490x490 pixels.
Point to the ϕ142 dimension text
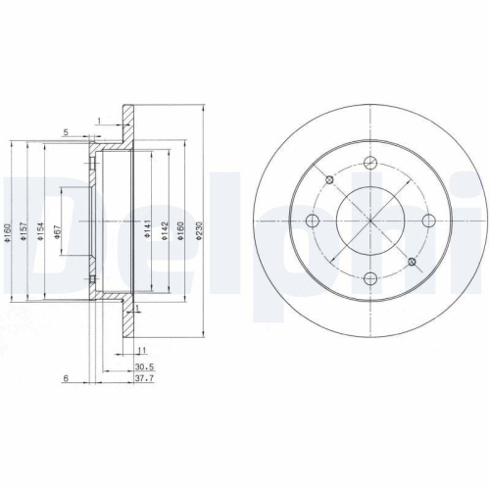pos(164,227)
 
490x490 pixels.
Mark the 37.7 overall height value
pos(143,377)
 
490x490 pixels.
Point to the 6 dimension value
pos(64,377)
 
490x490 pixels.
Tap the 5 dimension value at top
pos(65,130)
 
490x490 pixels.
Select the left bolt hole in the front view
pos(312,220)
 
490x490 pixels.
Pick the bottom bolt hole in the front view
pos(369,277)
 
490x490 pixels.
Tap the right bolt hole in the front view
pos(426,220)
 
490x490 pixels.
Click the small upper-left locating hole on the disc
pos(330,179)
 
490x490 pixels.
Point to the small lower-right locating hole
pos(412,262)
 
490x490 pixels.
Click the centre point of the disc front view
pos(369,220)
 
